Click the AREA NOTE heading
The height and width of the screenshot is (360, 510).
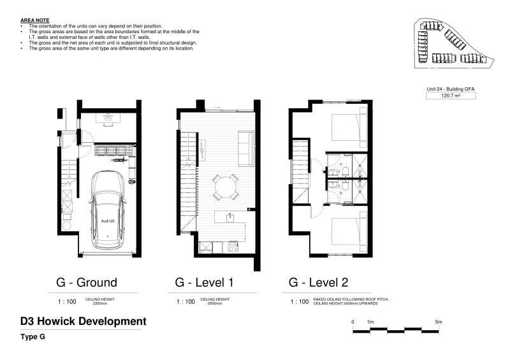[x=34, y=21]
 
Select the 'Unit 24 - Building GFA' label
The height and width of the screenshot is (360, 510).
[x=451, y=89]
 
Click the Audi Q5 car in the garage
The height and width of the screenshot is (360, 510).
[x=108, y=210]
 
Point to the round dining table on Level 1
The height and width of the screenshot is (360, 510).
[x=225, y=187]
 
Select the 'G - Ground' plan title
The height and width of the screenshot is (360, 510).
[x=87, y=282]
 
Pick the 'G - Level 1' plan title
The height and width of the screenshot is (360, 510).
[x=205, y=282]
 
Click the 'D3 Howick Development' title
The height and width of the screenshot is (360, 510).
[x=84, y=322]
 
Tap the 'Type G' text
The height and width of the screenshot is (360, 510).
[x=32, y=337]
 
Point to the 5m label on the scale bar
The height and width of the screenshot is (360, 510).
[x=439, y=322]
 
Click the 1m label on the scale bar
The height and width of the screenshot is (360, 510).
[x=370, y=322]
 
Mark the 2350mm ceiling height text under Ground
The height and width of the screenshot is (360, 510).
[x=97, y=303]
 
